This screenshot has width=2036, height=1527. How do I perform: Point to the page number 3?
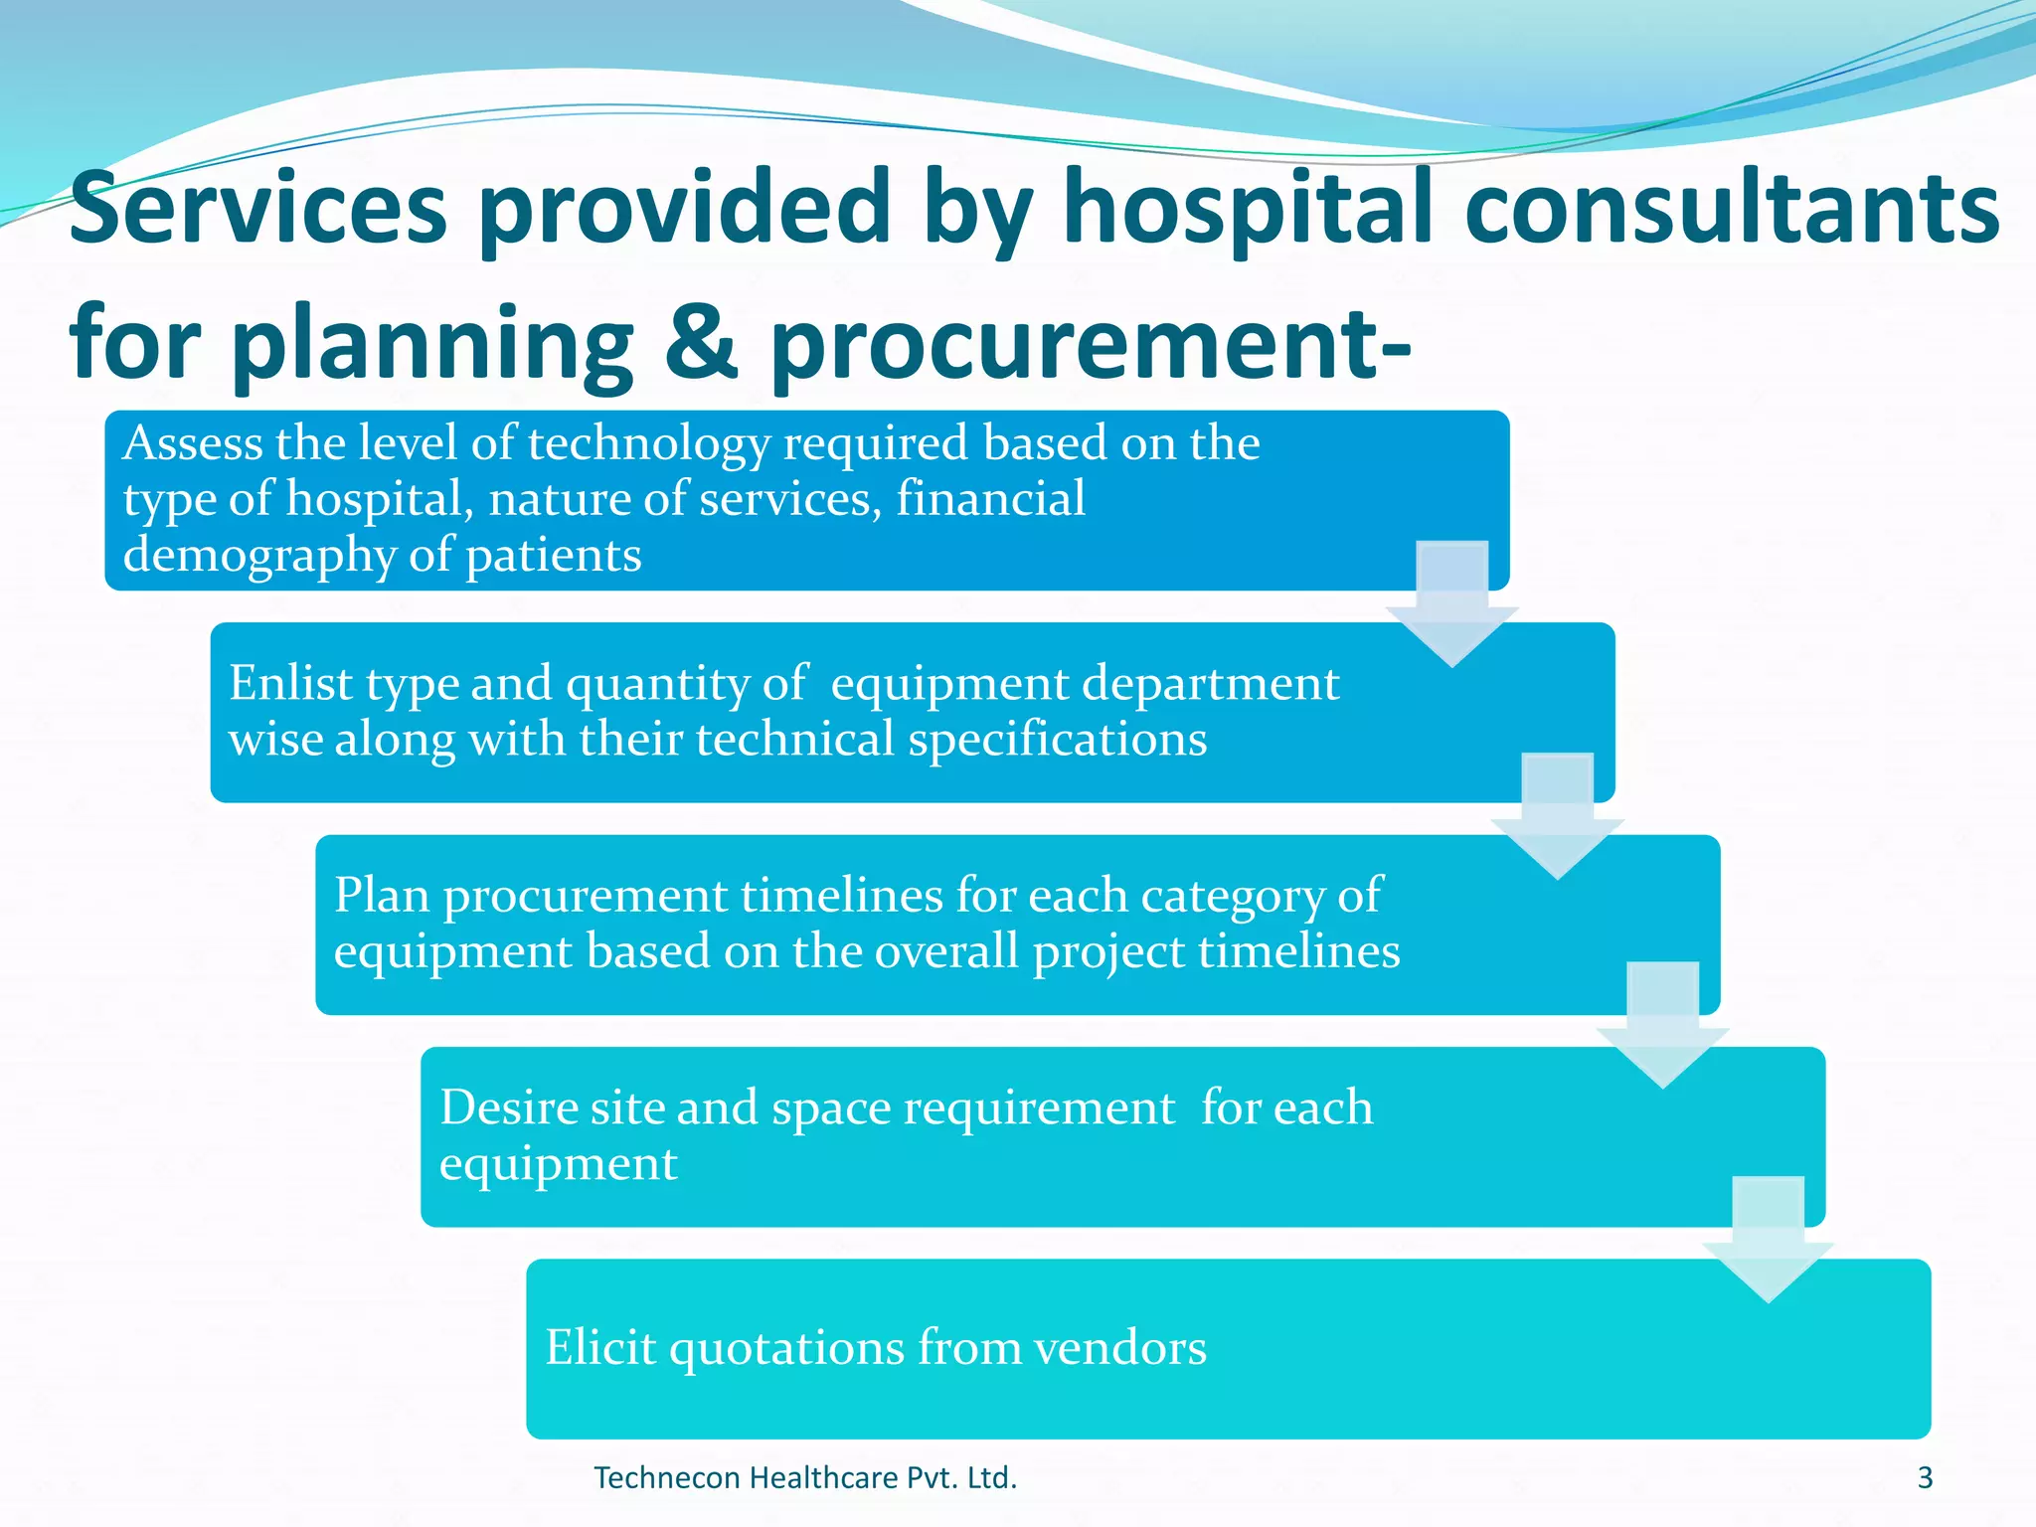[x=1925, y=1478]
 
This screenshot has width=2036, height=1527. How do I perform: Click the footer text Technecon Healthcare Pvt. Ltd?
[x=805, y=1478]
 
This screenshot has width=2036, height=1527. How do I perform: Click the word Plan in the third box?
[x=382, y=895]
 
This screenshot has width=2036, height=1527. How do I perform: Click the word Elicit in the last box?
[x=600, y=1347]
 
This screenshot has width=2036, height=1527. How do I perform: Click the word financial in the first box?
[x=990, y=499]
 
